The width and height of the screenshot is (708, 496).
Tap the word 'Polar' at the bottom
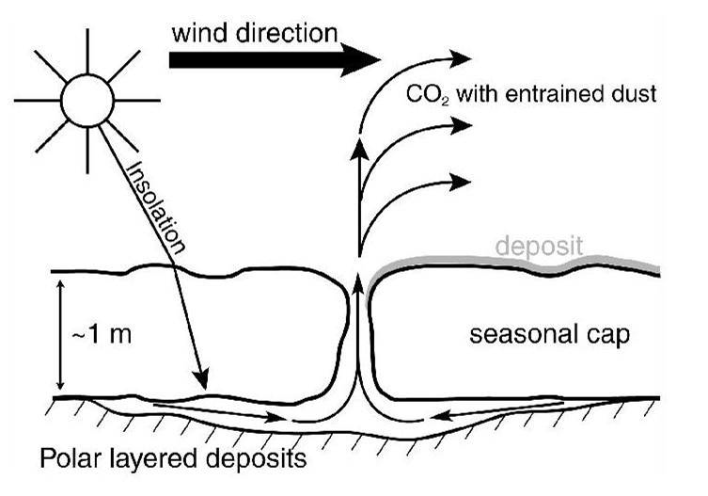pos(67,461)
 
